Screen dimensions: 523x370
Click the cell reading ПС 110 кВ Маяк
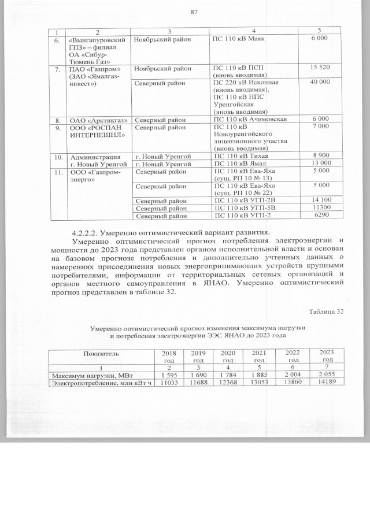[238, 38]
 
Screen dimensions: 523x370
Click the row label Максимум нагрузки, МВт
[87, 376]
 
